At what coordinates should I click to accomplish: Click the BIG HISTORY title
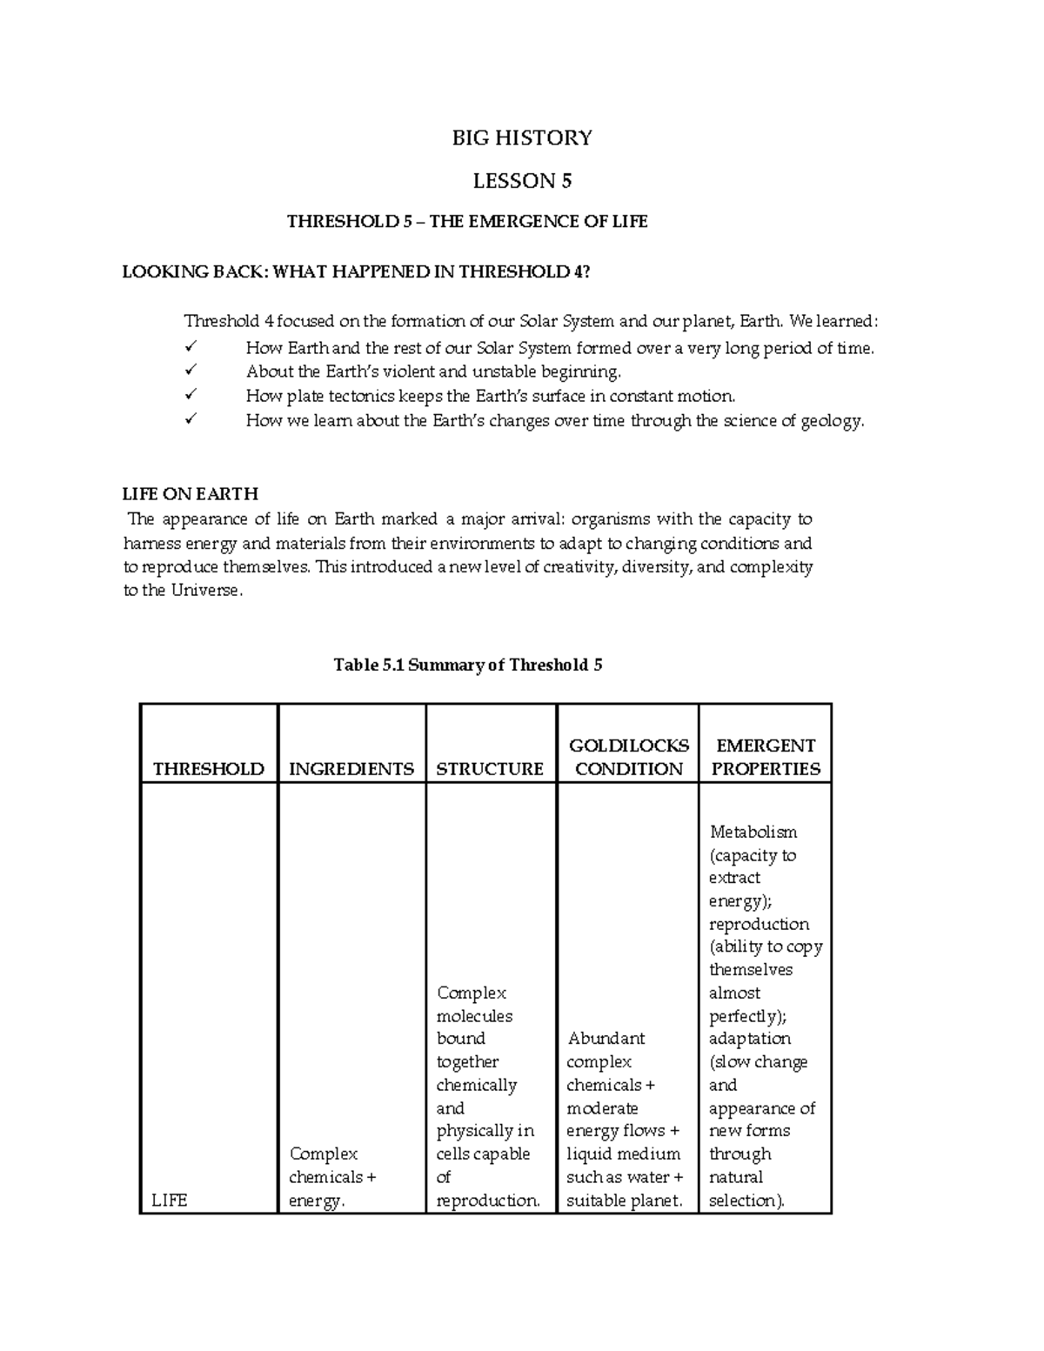(522, 137)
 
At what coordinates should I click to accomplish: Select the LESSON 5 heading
(522, 181)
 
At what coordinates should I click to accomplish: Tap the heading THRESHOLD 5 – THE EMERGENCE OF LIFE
(467, 222)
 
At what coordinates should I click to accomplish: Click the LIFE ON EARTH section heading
(190, 494)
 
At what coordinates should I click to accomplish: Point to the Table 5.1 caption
(468, 665)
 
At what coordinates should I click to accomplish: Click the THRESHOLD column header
(208, 769)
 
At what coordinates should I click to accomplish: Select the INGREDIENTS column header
(351, 769)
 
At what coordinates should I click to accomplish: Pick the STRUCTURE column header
(490, 769)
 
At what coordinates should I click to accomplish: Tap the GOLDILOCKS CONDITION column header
(628, 757)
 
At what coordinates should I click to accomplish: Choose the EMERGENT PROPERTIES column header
(765, 757)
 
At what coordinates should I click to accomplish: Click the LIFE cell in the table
(169, 1201)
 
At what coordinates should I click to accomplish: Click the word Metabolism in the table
(753, 832)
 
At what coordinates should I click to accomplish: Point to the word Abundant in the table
(606, 1039)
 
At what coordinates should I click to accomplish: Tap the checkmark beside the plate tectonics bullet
(191, 396)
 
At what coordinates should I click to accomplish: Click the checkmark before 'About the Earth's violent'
(191, 371)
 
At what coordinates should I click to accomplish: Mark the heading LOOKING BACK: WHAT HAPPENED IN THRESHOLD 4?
(356, 271)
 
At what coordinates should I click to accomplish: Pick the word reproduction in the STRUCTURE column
(487, 1201)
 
